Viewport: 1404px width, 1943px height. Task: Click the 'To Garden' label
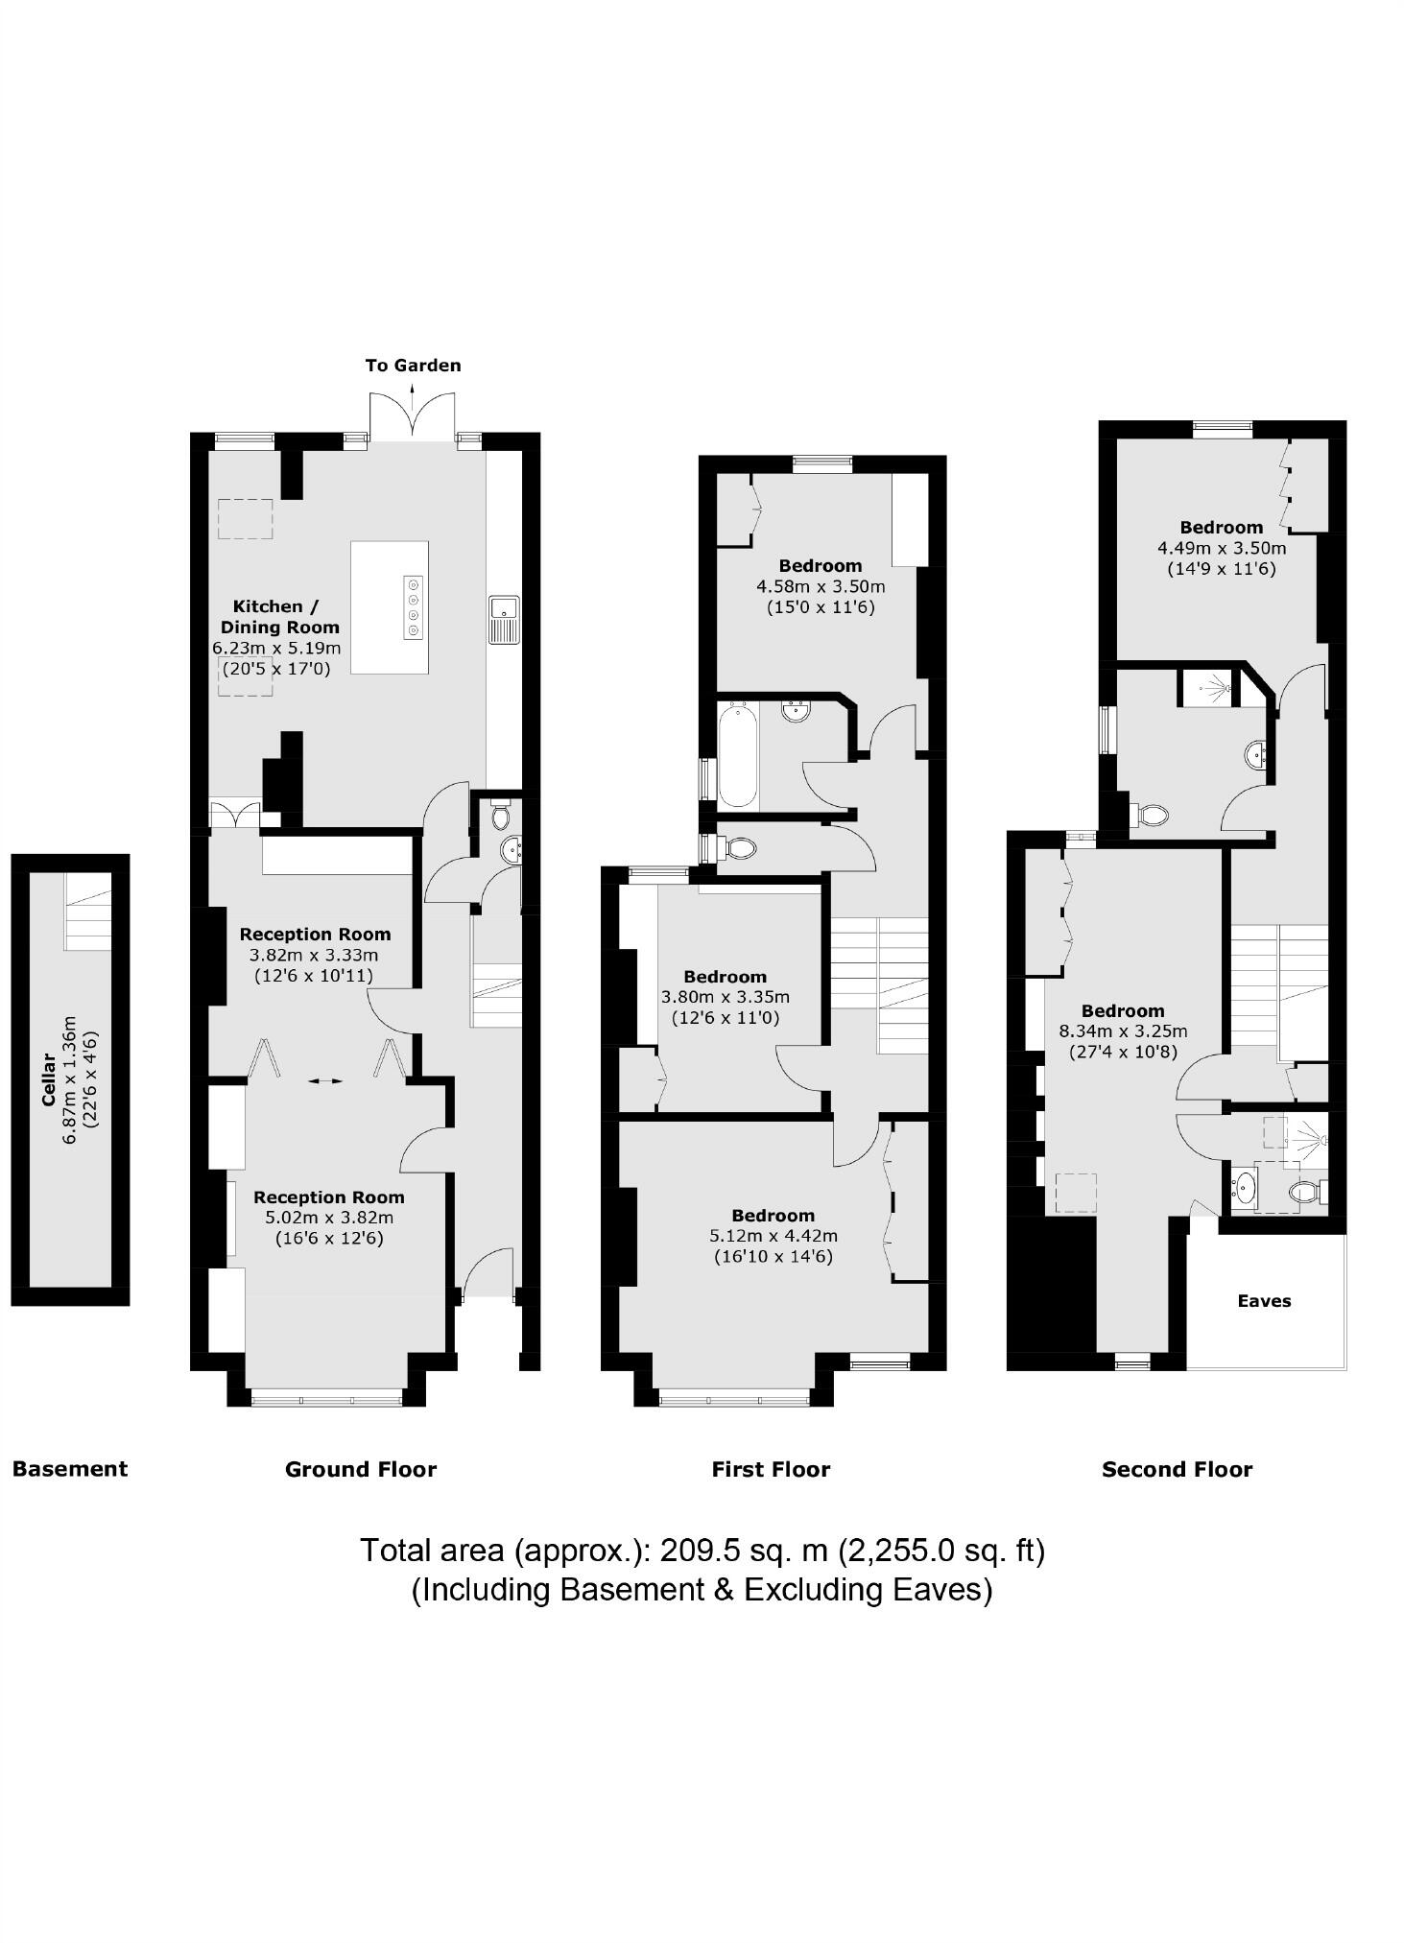click(413, 366)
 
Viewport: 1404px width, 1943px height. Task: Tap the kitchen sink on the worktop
click(505, 619)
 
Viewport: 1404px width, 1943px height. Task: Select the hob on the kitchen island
click(414, 606)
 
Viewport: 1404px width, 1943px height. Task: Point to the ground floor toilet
click(500, 816)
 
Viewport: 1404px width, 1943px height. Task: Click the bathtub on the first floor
click(738, 755)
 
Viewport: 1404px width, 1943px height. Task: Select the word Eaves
click(1264, 1301)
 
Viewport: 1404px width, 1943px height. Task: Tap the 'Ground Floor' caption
click(360, 1469)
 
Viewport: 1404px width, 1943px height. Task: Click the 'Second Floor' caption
click(1177, 1469)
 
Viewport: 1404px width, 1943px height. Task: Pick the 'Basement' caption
click(70, 1469)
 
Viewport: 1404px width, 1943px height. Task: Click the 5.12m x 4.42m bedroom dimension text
click(773, 1236)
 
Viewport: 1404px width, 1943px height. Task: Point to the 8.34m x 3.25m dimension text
click(1123, 1031)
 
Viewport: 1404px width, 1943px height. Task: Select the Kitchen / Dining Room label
click(278, 616)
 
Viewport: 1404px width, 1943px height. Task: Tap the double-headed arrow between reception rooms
click(325, 1081)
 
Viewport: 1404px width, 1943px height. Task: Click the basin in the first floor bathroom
click(797, 711)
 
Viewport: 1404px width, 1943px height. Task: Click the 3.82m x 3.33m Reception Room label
click(315, 934)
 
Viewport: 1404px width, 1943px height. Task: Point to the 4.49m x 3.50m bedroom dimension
click(1222, 548)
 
